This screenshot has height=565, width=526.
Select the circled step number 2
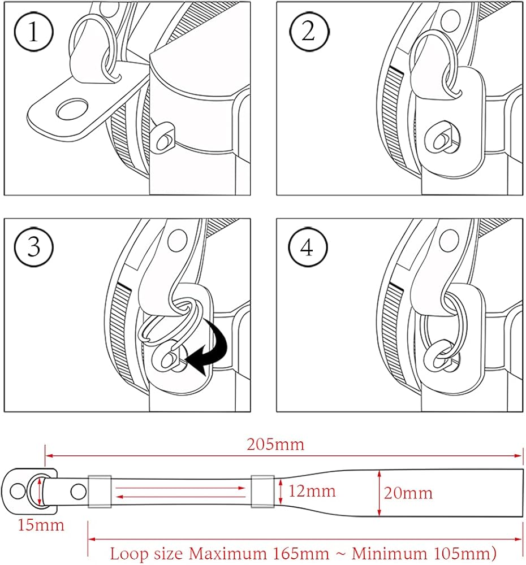[308, 32]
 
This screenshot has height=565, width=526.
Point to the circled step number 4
[308, 247]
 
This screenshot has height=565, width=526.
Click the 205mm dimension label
[275, 445]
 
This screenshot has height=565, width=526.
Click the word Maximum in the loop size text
[226, 553]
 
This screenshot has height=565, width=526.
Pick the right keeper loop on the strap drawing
[262, 490]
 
